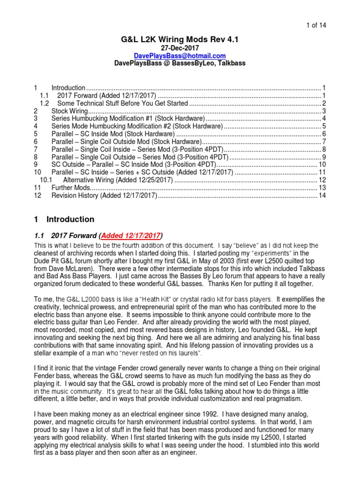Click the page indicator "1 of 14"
click(333, 25)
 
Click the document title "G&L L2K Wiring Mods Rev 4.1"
click(180, 40)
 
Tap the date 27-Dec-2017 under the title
click(180, 48)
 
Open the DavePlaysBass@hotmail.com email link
click(180, 56)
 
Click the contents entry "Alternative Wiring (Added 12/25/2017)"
click(118, 180)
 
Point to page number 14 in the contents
click(322, 195)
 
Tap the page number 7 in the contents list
click(323, 142)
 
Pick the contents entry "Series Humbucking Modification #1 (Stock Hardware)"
click(131, 119)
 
